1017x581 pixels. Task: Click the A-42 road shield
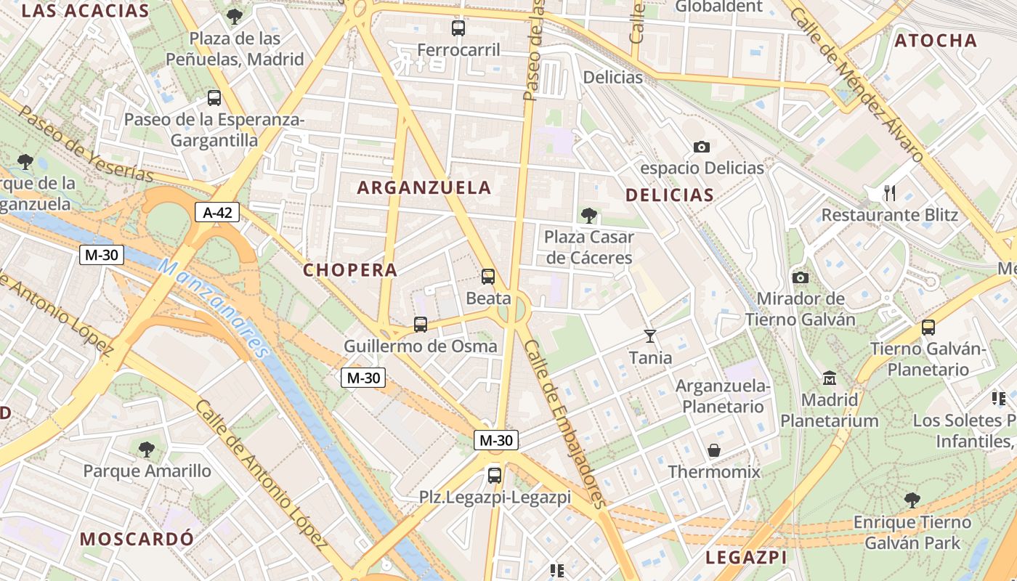click(x=217, y=213)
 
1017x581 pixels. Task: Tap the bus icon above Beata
click(x=488, y=277)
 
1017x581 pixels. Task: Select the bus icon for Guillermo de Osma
click(x=420, y=325)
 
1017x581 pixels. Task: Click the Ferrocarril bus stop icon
click(x=458, y=28)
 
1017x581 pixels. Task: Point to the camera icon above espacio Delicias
click(x=701, y=147)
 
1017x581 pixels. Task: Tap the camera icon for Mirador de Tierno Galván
click(x=800, y=277)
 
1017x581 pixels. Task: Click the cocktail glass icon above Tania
click(x=650, y=336)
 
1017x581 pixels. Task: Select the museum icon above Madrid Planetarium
click(x=830, y=378)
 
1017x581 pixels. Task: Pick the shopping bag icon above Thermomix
click(x=714, y=450)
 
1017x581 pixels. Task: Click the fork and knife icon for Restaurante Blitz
click(x=889, y=192)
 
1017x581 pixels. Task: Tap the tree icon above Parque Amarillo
click(x=147, y=450)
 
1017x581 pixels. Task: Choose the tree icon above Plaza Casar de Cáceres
click(x=588, y=216)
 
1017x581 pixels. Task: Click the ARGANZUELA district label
click(x=424, y=187)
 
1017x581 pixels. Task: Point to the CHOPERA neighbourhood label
click(x=350, y=270)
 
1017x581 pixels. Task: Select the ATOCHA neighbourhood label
click(x=936, y=41)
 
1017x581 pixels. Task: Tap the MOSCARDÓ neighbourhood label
click(x=137, y=539)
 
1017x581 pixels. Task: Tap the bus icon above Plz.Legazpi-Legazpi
click(x=495, y=476)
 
